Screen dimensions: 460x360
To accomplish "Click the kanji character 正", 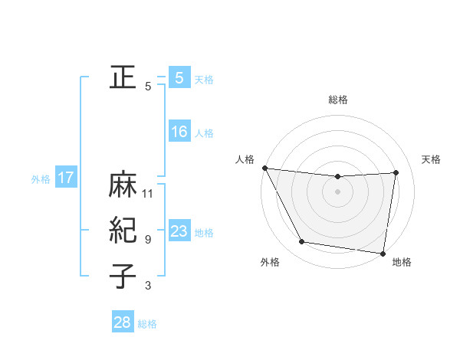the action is tap(123, 77).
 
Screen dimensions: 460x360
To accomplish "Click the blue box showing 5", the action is tap(179, 77).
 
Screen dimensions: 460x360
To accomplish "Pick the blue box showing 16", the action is tap(179, 132).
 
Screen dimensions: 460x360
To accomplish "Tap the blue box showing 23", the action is tap(179, 231).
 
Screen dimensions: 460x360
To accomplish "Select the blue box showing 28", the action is tap(122, 322).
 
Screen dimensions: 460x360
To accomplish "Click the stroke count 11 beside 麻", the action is tap(148, 193).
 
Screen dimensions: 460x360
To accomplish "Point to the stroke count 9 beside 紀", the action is tap(148, 240).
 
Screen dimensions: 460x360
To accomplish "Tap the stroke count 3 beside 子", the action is tap(148, 286).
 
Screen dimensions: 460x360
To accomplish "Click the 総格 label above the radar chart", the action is tap(338, 100).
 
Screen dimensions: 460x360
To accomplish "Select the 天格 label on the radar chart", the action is tap(431, 159).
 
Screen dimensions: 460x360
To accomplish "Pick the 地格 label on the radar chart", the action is tap(402, 262).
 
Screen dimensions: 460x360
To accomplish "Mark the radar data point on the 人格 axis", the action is tap(264, 168).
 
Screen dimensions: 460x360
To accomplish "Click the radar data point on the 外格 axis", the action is tap(302, 242).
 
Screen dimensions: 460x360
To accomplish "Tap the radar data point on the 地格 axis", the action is tap(383, 253).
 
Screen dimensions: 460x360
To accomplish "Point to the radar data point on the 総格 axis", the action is tap(338, 177).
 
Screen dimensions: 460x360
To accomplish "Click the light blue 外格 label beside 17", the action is tap(41, 179).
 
